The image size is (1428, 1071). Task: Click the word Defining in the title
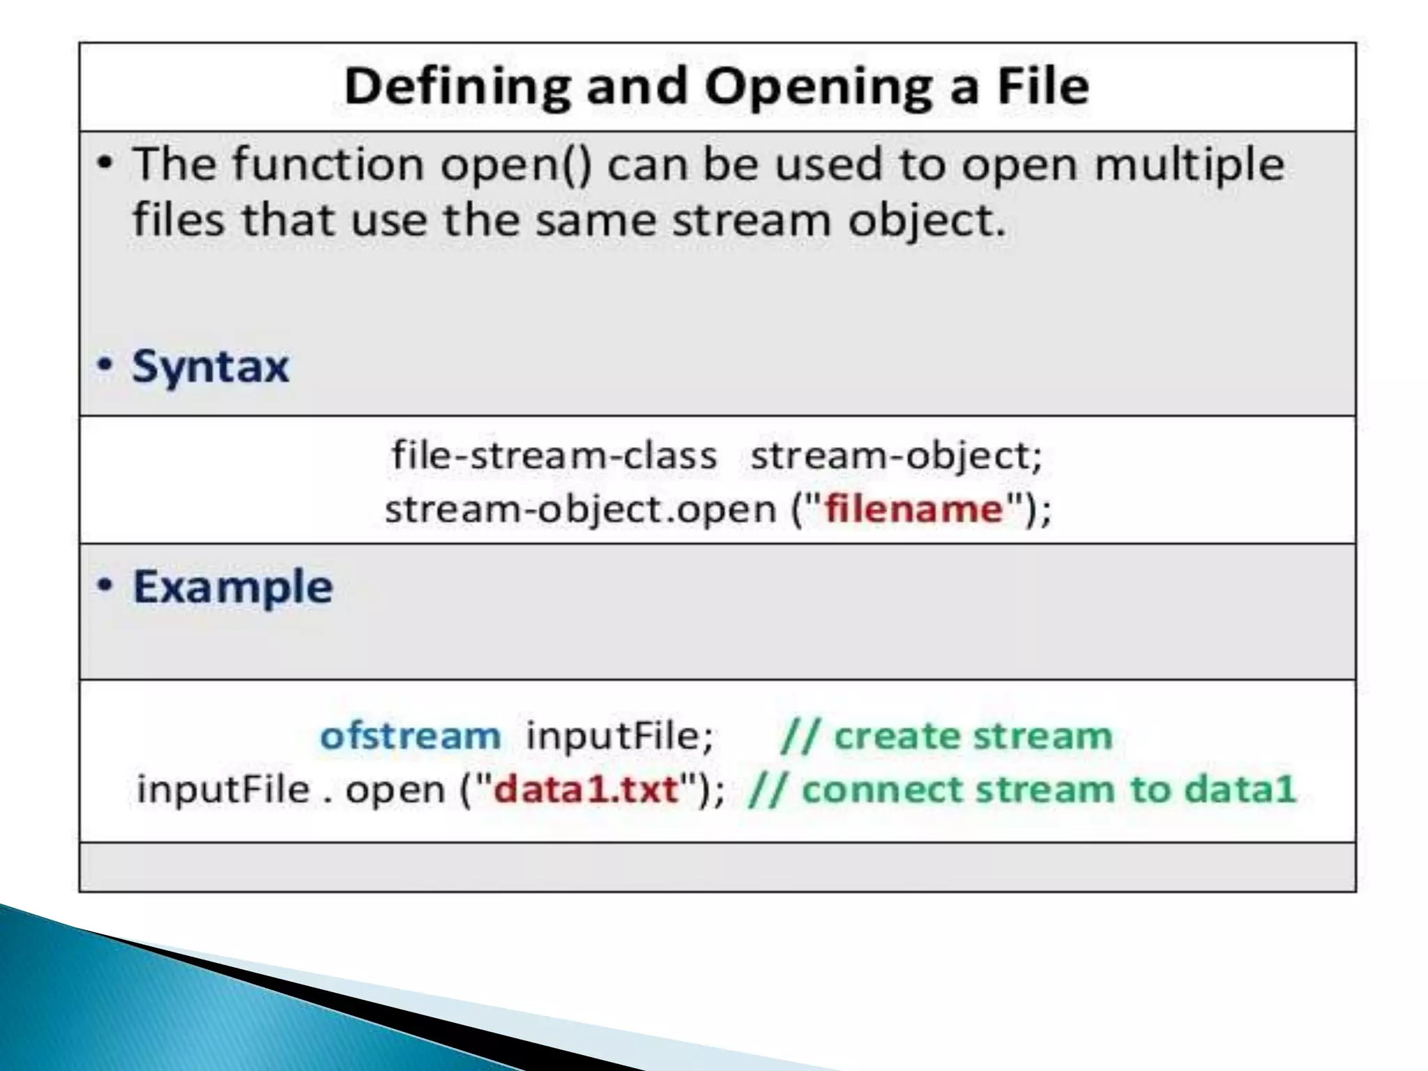pyautogui.click(x=457, y=86)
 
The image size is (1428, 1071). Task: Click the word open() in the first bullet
pyautogui.click(x=516, y=165)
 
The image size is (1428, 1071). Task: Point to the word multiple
pyautogui.click(x=1189, y=165)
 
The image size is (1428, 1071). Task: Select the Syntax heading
pyautogui.click(x=210, y=366)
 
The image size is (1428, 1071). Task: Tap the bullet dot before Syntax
pyautogui.click(x=105, y=365)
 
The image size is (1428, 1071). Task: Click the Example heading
pyautogui.click(x=232, y=586)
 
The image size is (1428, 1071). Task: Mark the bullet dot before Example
pyautogui.click(x=105, y=586)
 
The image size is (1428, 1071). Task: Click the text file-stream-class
pyautogui.click(x=554, y=455)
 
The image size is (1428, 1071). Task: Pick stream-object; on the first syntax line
pyautogui.click(x=896, y=455)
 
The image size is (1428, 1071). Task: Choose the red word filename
pyautogui.click(x=913, y=508)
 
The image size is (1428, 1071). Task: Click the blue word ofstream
pyautogui.click(x=410, y=736)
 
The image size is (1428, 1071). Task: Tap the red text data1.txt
pyautogui.click(x=586, y=789)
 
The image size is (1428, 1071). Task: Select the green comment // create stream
pyautogui.click(x=946, y=736)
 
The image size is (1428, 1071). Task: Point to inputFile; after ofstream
pyautogui.click(x=620, y=736)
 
